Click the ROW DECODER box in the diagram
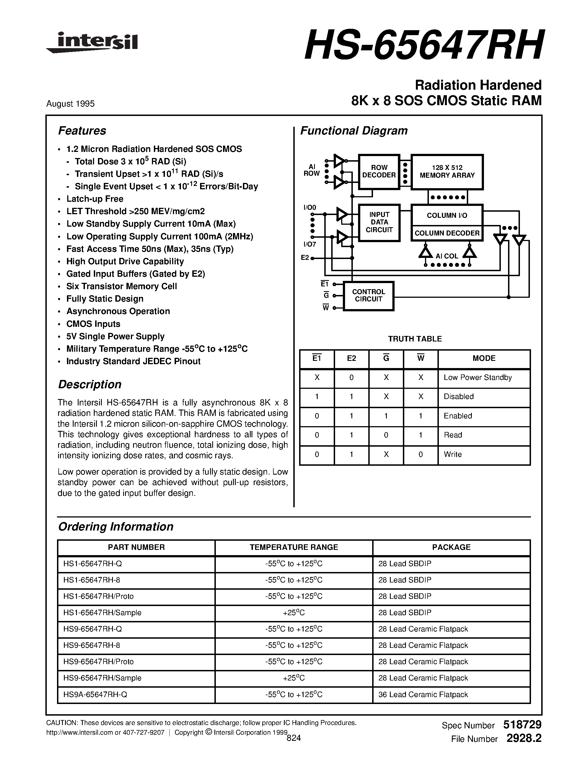(x=379, y=172)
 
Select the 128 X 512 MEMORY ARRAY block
(x=447, y=172)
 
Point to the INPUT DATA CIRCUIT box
(x=379, y=222)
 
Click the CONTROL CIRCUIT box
(x=369, y=296)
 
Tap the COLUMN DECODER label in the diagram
(x=447, y=233)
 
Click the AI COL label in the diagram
(x=447, y=256)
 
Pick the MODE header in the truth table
(x=484, y=358)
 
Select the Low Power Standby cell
(x=478, y=377)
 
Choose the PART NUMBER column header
(x=136, y=547)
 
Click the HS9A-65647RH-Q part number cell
(x=95, y=695)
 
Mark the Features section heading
(x=82, y=131)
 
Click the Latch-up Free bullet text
(x=95, y=199)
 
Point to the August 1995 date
(x=70, y=104)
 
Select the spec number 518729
(x=522, y=725)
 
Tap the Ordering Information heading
(x=116, y=527)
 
